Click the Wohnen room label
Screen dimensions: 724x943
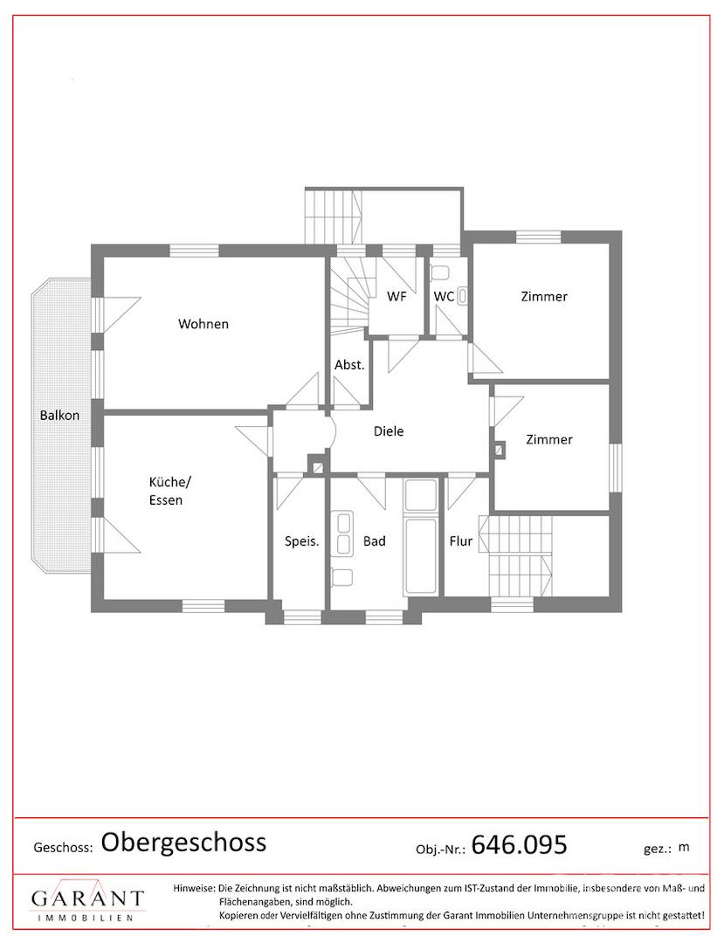click(x=203, y=324)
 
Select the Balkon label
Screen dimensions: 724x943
click(x=59, y=415)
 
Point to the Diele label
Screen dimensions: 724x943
click(x=389, y=431)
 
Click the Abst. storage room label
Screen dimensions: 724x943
click(x=349, y=364)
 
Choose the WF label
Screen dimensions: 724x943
click(x=396, y=296)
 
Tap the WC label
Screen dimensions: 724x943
click(x=444, y=296)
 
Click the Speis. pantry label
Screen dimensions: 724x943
click(x=302, y=541)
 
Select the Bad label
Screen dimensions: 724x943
click(x=374, y=541)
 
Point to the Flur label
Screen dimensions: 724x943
click(x=461, y=541)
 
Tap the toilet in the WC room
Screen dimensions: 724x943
click(x=441, y=272)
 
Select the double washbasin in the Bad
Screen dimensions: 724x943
click(x=342, y=533)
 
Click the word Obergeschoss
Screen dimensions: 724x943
click(x=183, y=843)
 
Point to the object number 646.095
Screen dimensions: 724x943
click(x=519, y=845)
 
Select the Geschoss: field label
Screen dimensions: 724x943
click(x=63, y=848)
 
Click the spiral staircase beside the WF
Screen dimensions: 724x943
click(x=348, y=293)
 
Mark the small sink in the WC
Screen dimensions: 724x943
click(x=463, y=296)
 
